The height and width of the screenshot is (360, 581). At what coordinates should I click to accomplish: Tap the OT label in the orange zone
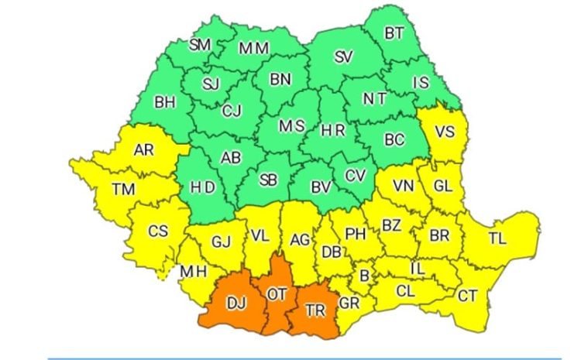click(x=277, y=295)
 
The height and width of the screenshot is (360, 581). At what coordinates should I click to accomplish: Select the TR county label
click(x=315, y=310)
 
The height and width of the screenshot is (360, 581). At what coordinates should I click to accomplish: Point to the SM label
click(x=200, y=45)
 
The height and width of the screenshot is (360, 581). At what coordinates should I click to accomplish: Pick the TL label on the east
click(x=497, y=238)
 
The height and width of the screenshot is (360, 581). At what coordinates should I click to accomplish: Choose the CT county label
click(x=467, y=295)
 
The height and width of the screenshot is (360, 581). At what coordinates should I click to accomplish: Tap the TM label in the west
click(x=122, y=188)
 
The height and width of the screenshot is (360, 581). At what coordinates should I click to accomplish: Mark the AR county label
click(x=144, y=150)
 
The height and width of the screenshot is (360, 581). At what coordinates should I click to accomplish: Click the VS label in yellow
click(x=444, y=132)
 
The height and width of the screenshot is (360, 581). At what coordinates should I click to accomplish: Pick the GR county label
click(x=349, y=303)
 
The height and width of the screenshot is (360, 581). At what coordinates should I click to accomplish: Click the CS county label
click(x=157, y=231)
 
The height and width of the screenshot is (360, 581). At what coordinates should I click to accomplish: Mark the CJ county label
click(x=231, y=111)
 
